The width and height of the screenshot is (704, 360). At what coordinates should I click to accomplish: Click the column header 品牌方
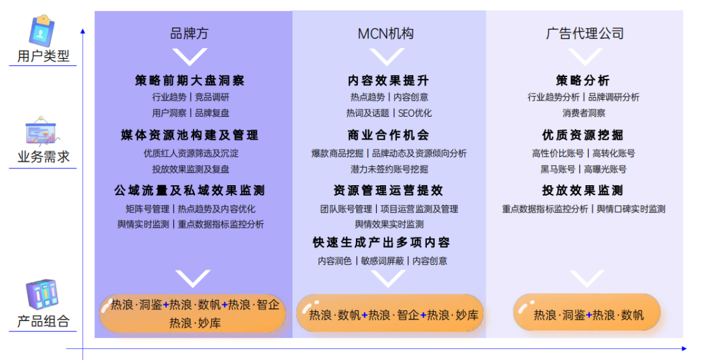[x=189, y=33]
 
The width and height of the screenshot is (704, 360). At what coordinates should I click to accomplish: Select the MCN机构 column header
[x=386, y=33]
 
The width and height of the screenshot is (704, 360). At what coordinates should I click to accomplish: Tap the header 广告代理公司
[x=585, y=33]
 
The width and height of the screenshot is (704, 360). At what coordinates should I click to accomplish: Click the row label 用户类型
[x=43, y=55]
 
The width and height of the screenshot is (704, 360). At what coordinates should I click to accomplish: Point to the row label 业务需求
[x=43, y=157]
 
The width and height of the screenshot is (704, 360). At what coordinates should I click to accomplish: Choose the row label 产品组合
[x=43, y=321]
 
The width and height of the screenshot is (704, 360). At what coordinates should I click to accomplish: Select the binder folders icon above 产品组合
[x=42, y=294]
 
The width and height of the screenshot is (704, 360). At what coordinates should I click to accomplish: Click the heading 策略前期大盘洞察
[x=190, y=80]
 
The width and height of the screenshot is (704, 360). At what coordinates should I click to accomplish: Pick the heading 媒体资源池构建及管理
[x=190, y=135]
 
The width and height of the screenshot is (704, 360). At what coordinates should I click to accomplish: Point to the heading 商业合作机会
[x=388, y=135]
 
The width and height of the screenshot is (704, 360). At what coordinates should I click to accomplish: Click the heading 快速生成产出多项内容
[x=381, y=243]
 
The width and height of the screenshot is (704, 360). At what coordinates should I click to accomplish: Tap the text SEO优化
[x=415, y=113]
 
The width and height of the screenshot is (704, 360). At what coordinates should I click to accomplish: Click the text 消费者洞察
[x=583, y=113]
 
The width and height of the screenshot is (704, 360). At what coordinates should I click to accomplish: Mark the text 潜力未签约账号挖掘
[x=389, y=170]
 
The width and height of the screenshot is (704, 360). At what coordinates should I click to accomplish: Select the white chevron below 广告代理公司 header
[x=585, y=57]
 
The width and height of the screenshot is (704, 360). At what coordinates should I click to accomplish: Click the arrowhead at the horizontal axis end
[x=684, y=348]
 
